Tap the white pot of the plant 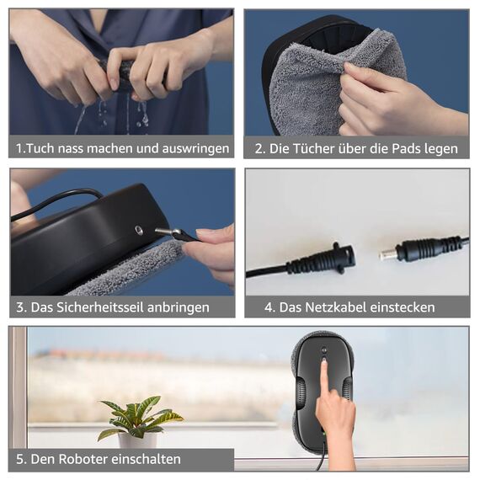(x=137, y=440)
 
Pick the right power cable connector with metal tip (x=413, y=250)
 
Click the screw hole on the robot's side (x=138, y=228)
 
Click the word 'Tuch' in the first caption (x=39, y=148)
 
